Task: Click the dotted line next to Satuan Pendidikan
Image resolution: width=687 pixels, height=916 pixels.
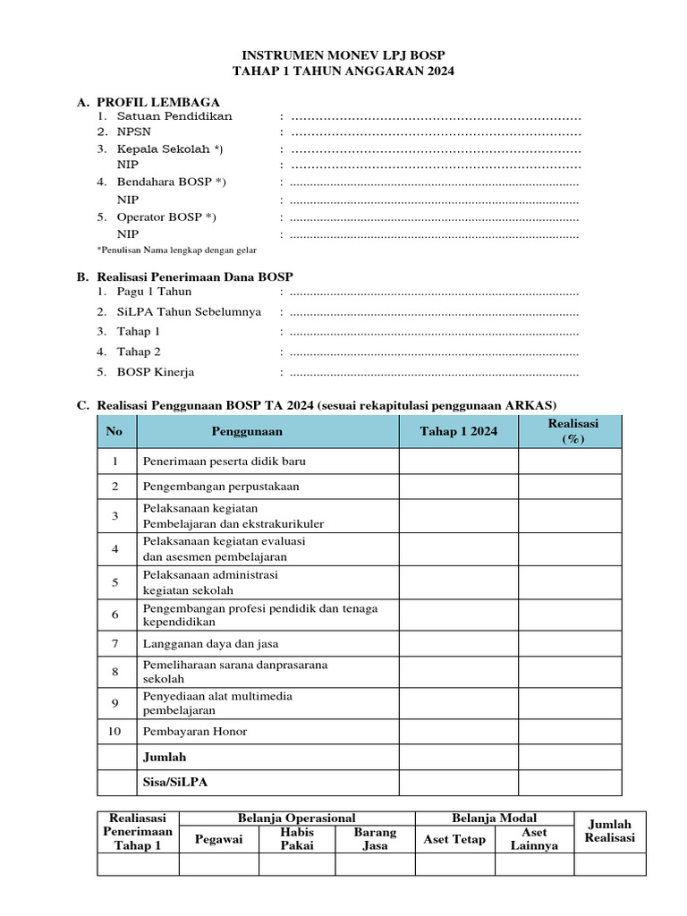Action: [436, 116]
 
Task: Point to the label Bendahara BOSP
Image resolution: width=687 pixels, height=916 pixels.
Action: [171, 182]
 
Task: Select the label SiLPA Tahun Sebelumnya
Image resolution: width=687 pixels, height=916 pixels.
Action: [189, 312]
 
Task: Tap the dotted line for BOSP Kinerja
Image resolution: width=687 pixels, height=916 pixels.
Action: [435, 372]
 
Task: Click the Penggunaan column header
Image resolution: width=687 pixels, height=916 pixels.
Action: [247, 431]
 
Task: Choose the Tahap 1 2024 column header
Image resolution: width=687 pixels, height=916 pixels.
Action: [458, 431]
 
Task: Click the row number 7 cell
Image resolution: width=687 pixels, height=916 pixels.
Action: [115, 644]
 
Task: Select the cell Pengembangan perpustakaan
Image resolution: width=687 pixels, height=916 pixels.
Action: [221, 487]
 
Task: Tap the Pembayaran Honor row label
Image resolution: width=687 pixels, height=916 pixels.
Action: [195, 732]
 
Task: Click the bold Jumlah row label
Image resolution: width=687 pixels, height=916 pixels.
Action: [165, 757]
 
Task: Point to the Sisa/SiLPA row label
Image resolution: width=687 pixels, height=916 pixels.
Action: [175, 782]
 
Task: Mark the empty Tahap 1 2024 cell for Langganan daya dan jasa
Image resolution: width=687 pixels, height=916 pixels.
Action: [458, 644]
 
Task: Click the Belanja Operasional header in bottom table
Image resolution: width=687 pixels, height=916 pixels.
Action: [296, 818]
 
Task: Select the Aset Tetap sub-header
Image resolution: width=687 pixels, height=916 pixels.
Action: [455, 839]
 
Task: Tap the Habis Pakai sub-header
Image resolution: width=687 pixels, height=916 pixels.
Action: [297, 839]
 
